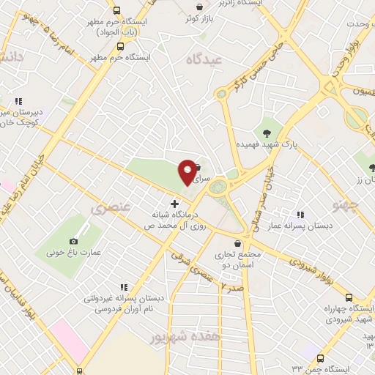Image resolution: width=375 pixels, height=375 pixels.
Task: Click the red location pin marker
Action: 187,171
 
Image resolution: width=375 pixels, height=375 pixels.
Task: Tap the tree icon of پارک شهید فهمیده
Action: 267,133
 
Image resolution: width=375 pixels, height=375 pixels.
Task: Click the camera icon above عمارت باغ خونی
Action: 73,242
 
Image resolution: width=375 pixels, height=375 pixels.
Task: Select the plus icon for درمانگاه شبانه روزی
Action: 174,204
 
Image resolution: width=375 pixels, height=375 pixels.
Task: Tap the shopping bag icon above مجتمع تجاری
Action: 237,244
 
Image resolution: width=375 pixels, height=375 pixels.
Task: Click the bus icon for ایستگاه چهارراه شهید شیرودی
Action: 348,297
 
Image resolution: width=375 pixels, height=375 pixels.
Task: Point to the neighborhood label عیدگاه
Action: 204,59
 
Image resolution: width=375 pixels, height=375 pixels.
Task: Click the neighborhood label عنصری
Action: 111,208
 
